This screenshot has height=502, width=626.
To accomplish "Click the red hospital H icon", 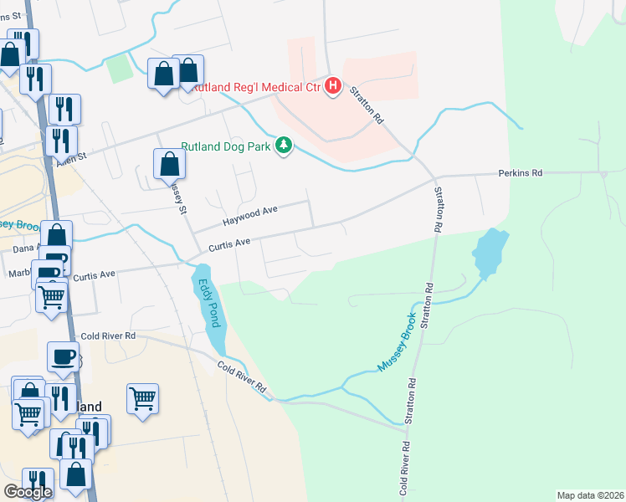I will click(x=333, y=86).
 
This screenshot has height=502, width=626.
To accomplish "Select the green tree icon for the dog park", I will click(x=285, y=146).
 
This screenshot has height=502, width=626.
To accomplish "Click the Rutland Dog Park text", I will click(x=228, y=146).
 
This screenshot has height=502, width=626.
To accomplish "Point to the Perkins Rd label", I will click(x=521, y=173).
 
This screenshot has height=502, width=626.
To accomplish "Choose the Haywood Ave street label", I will click(x=249, y=217).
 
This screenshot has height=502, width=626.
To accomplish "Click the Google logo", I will click(x=28, y=492).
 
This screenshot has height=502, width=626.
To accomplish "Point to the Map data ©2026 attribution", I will click(x=591, y=495).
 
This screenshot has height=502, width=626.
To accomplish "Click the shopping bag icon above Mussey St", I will click(x=169, y=164).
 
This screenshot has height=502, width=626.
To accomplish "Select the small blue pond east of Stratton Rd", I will click(x=490, y=252).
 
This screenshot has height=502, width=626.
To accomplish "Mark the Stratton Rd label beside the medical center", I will click(x=366, y=105).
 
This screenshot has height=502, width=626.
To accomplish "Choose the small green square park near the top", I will click(x=121, y=68).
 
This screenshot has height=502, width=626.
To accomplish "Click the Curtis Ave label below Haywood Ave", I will click(x=229, y=244).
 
